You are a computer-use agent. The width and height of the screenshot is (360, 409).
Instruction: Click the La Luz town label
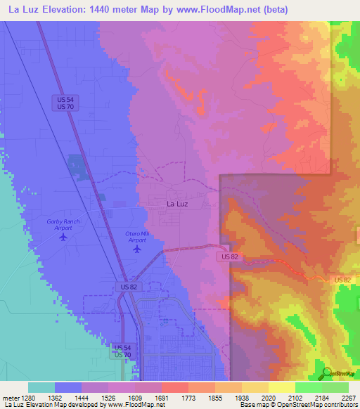pos(177,204)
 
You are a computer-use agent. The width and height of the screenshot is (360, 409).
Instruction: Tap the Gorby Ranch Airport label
pos(63,225)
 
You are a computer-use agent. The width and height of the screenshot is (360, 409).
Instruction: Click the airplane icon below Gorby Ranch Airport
pos(64,237)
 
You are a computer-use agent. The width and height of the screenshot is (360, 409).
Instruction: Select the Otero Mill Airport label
pos(137,236)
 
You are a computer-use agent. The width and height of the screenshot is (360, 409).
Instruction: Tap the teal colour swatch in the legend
pos(41,387)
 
